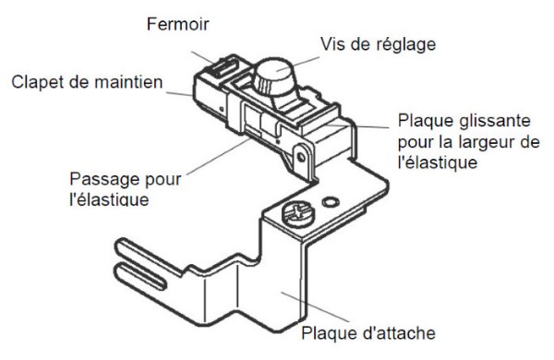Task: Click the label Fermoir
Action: pyautogui.click(x=177, y=24)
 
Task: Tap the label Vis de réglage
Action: pyautogui.click(x=378, y=44)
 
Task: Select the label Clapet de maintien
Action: pyautogui.click(x=87, y=82)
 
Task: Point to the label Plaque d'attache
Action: pyautogui.click(x=368, y=333)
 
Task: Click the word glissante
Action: pyautogui.click(x=495, y=121)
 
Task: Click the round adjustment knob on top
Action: pyautogui.click(x=274, y=78)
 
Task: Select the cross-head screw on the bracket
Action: pyautogui.click(x=297, y=214)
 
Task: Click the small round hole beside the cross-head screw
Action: pyautogui.click(x=331, y=202)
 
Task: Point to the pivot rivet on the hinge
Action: pyautogui.click(x=301, y=157)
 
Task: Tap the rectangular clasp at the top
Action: pyautogui.click(x=223, y=67)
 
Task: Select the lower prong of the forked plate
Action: pyautogui.click(x=139, y=276)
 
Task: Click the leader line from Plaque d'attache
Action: pyautogui.click(x=315, y=307)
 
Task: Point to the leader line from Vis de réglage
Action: pyautogui.click(x=297, y=64)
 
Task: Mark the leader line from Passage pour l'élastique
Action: pyautogui.click(x=218, y=157)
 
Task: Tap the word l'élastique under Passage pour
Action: pyautogui.click(x=109, y=199)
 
